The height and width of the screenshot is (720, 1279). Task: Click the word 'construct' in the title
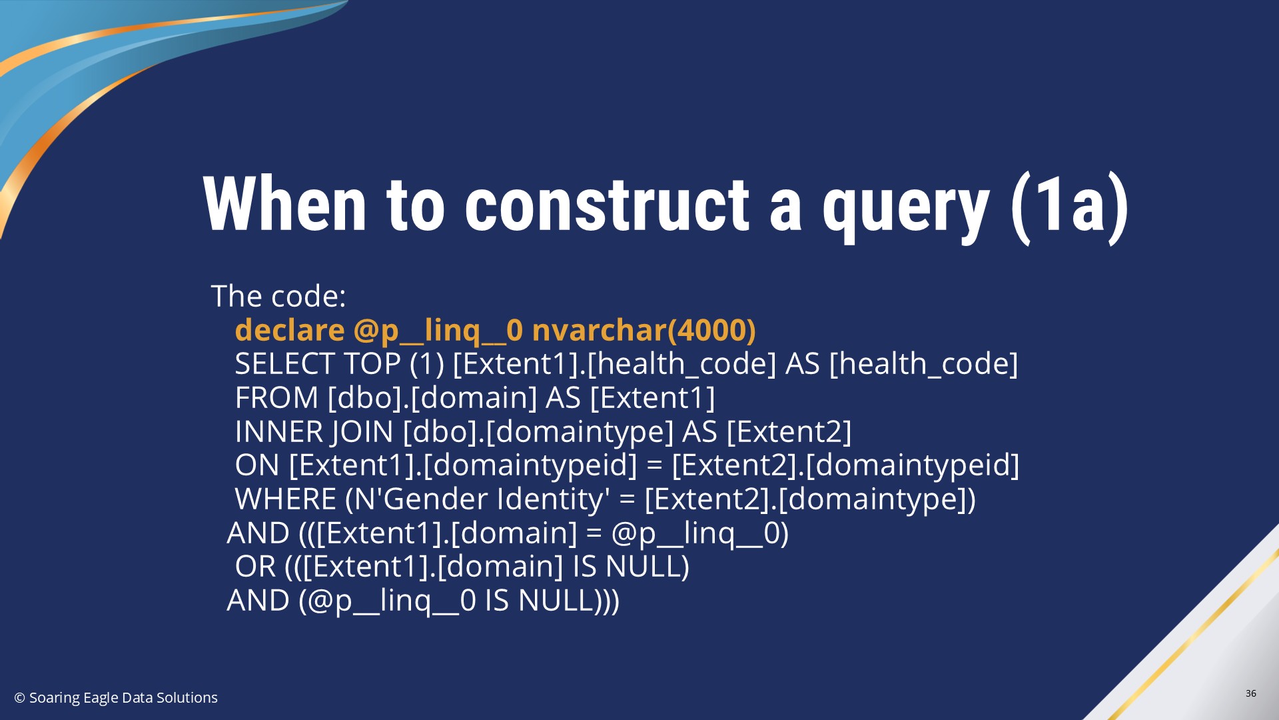coord(607,205)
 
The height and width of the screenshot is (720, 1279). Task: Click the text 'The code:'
coord(278,296)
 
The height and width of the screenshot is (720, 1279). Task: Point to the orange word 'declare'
coord(290,330)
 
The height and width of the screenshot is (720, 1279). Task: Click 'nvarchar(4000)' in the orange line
coord(643,331)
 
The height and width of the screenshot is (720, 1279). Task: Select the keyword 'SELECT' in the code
coord(285,364)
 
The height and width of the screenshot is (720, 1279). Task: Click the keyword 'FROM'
coord(276,398)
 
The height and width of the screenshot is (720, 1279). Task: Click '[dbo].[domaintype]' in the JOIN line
coord(538,432)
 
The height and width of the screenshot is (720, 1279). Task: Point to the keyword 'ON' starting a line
coord(257,465)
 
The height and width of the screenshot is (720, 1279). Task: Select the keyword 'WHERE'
coord(286,499)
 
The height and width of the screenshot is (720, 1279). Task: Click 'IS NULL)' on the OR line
coord(632,567)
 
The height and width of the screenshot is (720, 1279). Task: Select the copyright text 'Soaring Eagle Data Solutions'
coord(123,698)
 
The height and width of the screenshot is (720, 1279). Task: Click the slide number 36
coord(1251,693)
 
